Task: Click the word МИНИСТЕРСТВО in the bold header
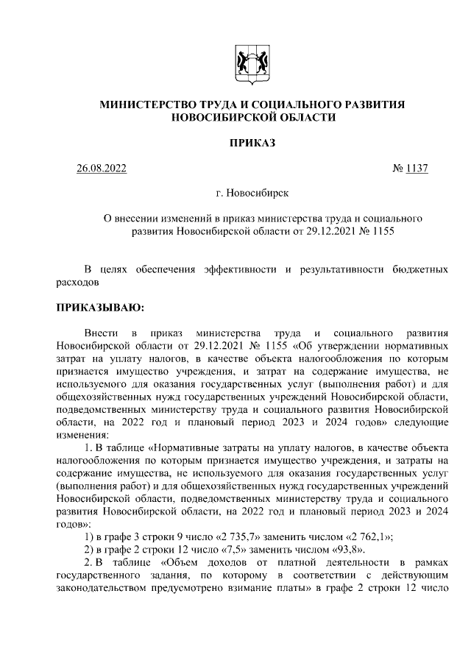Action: coord(145,105)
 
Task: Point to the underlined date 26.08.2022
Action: coord(102,168)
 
